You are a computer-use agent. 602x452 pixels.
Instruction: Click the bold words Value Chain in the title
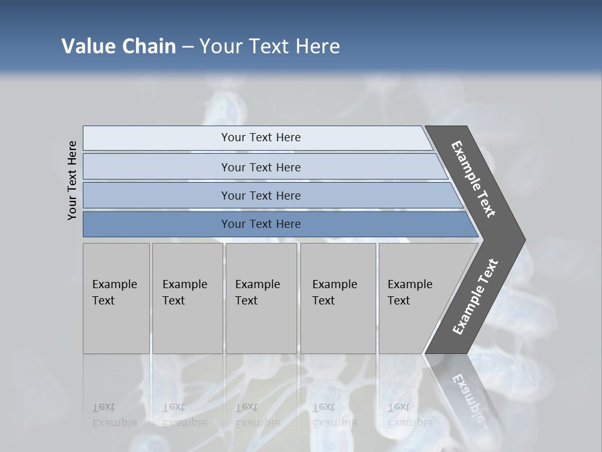pos(119,46)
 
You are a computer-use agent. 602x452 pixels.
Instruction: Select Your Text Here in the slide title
pos(270,46)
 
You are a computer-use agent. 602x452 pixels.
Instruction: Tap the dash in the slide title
pos(187,47)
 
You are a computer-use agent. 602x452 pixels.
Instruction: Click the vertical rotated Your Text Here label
pos(73,180)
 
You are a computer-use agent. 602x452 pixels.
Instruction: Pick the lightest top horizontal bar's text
pos(261,137)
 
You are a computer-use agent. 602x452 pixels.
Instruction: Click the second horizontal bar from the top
pos(261,167)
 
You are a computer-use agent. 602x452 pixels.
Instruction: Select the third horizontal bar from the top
pos(261,195)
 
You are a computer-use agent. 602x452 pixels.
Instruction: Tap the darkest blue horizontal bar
pos(261,224)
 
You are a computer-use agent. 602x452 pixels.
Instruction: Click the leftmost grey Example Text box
pos(116,298)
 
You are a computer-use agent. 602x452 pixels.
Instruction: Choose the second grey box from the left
pos(187,298)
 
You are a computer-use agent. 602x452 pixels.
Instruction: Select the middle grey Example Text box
pos(261,298)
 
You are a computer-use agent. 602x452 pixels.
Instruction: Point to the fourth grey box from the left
pos(337,298)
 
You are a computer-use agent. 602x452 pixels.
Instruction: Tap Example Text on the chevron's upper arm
pos(473,179)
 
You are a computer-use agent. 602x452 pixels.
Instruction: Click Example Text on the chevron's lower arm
pos(475,296)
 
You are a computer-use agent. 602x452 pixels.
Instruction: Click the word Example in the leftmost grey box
pos(114,284)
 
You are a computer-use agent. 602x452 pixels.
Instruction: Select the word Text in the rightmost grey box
pos(399,301)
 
